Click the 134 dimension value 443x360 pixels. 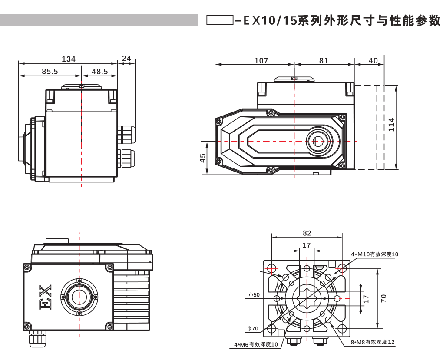coord(69,59)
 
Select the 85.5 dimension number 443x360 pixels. coord(50,72)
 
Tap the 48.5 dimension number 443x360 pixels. coord(99,72)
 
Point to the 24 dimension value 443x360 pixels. coord(126,58)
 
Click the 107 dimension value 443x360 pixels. coord(261,61)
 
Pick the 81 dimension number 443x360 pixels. coord(324,61)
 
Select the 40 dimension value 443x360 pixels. coord(373,61)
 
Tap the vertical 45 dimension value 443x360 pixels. coord(203,158)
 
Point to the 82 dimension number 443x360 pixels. coord(307,233)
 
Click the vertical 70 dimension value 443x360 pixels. coord(383,298)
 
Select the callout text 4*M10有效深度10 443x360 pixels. coord(375,254)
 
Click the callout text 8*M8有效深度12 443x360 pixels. coord(373,342)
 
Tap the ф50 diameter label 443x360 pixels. coord(254,295)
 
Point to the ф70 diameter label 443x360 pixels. coord(252,328)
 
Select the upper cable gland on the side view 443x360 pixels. coord(126,134)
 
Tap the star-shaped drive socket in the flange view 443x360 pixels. coord(307,298)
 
